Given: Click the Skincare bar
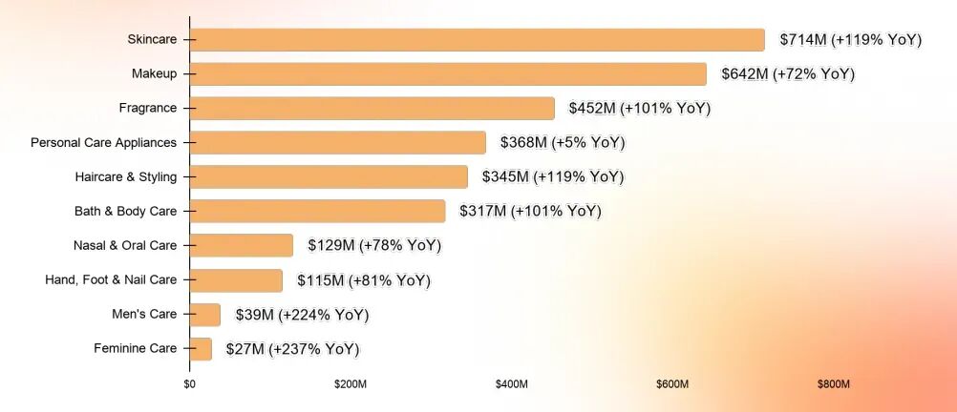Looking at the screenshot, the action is tap(477, 40).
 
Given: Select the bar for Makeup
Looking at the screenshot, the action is tap(448, 73).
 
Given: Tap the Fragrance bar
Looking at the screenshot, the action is tap(372, 109).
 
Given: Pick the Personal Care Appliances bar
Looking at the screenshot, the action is tap(338, 143).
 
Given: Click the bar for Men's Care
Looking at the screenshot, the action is tap(205, 315).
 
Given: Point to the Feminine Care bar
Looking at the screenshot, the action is tap(201, 349).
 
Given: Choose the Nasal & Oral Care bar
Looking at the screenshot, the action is tap(241, 246).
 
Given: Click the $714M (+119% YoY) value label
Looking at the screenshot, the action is tap(850, 40).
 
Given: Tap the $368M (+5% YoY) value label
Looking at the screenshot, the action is tap(563, 143).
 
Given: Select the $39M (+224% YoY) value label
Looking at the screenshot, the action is tap(302, 315).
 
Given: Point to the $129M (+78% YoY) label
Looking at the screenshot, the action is tap(374, 246).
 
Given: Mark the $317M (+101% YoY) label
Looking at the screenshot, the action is tap(530, 212).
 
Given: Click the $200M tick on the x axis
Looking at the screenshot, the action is tap(351, 384).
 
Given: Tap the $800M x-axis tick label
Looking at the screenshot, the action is tap(833, 384).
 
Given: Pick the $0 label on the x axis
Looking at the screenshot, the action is tap(189, 384).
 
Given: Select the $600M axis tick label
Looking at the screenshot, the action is tap(672, 384).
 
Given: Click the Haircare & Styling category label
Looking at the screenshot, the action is tap(126, 177).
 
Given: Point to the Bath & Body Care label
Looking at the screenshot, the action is tap(126, 212).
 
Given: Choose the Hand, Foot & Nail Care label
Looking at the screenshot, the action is tap(111, 280).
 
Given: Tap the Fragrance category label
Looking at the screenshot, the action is tap(148, 109).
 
